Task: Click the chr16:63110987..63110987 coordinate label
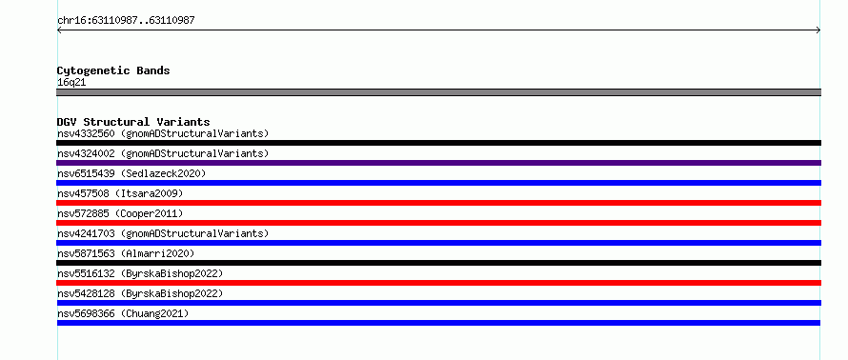(126, 21)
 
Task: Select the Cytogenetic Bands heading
(113, 70)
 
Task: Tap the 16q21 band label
(71, 83)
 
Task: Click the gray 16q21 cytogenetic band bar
(438, 92)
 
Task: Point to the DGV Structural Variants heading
(133, 122)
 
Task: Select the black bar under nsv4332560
(438, 143)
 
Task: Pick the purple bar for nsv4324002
(438, 163)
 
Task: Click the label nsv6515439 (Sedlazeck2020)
(131, 173)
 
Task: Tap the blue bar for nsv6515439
(438, 183)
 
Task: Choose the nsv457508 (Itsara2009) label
(120, 193)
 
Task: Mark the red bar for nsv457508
(438, 203)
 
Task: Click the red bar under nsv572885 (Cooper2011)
(438, 223)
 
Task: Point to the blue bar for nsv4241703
(438, 243)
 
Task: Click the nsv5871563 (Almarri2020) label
(126, 253)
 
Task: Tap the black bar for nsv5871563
(438, 263)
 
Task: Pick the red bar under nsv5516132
(438, 283)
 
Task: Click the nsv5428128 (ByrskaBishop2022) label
(140, 293)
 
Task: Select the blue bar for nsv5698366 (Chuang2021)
(438, 323)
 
